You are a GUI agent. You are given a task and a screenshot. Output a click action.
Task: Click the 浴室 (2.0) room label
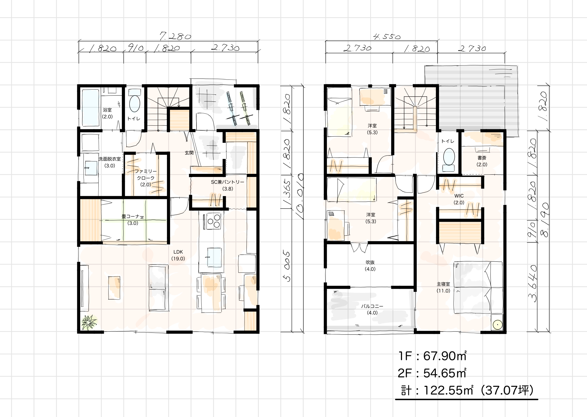point(107,113)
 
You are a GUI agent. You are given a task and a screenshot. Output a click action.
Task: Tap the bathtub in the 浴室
point(91,108)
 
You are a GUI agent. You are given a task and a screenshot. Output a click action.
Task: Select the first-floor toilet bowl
point(135,104)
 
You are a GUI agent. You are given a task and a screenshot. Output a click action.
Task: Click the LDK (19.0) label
point(178,255)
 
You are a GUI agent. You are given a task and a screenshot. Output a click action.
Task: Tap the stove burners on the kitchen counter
point(214,221)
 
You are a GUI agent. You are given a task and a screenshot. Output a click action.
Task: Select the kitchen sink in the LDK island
point(214,257)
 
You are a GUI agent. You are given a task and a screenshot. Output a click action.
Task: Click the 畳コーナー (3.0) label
point(133,220)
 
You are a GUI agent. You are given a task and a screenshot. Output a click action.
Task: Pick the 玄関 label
point(189,153)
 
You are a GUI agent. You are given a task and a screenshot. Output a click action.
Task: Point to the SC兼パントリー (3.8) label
point(228,185)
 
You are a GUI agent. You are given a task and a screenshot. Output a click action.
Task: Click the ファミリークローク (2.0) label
point(146,178)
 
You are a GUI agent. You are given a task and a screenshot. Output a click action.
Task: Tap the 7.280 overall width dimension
point(175,36)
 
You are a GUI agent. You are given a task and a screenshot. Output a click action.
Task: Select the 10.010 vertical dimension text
point(299,193)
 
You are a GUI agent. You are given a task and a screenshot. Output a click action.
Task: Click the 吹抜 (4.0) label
point(370,266)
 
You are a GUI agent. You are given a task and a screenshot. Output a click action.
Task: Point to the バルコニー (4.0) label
point(372,309)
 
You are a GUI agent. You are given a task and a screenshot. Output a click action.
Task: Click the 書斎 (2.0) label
point(482,161)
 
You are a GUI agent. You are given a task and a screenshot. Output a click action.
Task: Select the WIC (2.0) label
point(459,199)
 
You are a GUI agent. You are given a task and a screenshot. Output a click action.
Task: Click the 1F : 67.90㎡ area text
point(432,356)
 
